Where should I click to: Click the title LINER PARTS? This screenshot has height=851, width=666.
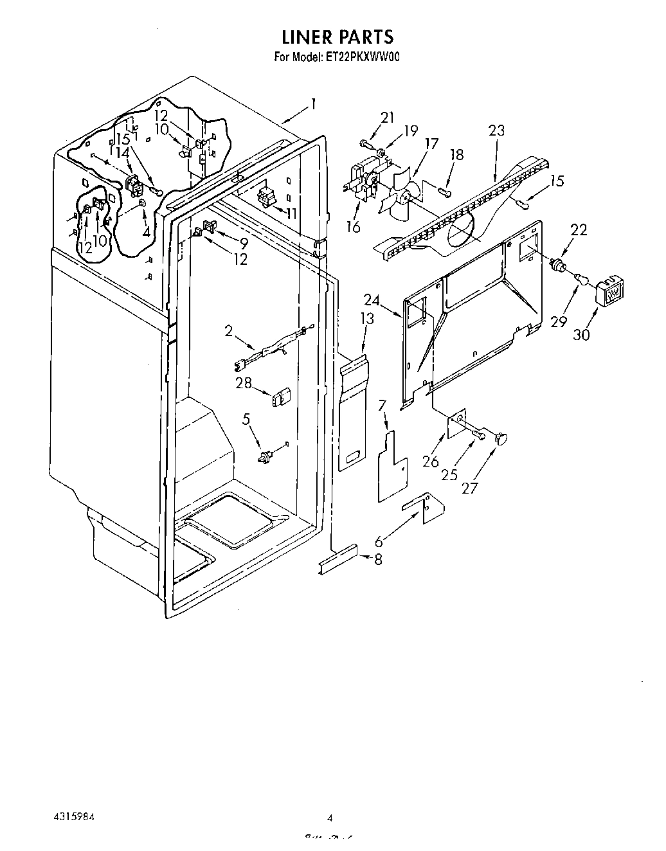[x=337, y=37]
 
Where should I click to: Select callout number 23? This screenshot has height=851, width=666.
[x=496, y=130]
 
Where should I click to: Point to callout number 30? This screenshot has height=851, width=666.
[x=581, y=335]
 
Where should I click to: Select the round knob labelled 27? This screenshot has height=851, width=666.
[x=501, y=438]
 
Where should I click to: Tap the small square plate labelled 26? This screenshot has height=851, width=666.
[x=458, y=424]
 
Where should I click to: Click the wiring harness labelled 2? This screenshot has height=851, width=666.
[x=273, y=349]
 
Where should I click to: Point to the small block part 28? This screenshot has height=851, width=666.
[x=281, y=397]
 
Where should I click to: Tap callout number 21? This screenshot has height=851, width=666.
[x=387, y=118]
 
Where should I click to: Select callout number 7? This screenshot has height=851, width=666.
[x=381, y=405]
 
